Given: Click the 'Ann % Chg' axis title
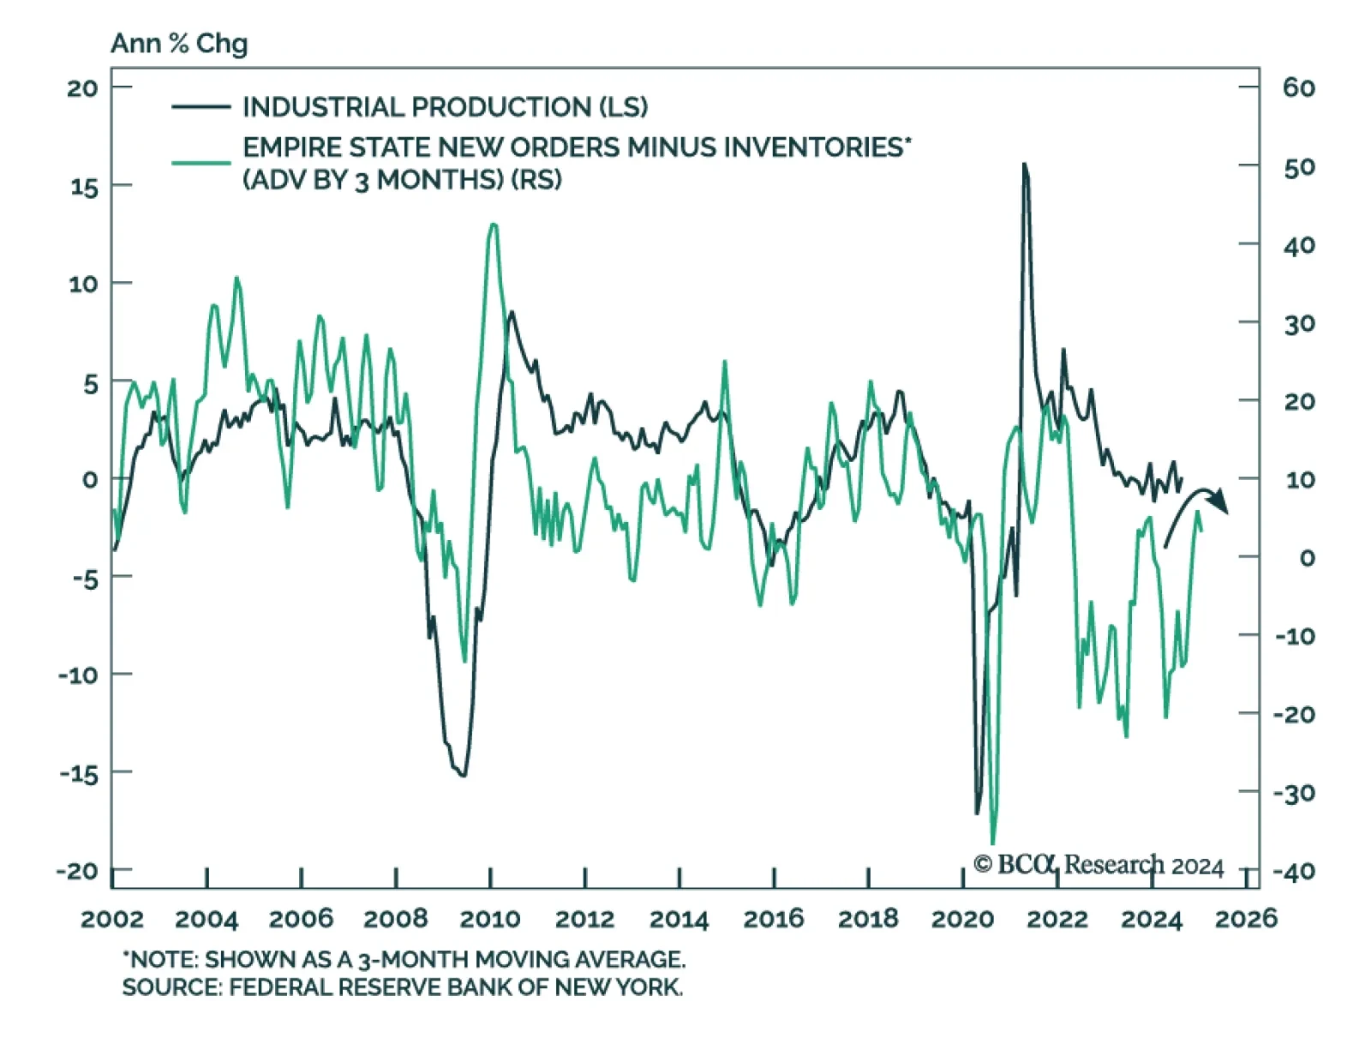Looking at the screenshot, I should [179, 43].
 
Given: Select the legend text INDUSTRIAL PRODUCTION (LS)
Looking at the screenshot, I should [445, 107].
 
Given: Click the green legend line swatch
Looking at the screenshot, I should [201, 162].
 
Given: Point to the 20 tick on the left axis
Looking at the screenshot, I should [83, 87].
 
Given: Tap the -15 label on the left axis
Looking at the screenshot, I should [80, 773].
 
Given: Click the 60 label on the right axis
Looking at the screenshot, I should [1299, 87].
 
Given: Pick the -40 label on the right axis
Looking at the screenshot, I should [1294, 872].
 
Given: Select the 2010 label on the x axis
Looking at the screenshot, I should [490, 919].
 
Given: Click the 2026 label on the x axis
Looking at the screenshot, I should [1246, 919].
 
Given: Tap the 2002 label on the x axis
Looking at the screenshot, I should [112, 919].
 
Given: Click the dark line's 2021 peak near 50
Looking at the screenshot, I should [1024, 164].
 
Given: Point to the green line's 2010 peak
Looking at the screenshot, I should [493, 225].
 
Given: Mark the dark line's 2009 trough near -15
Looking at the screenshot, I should [464, 776].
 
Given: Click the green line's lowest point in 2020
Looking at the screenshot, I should [993, 843].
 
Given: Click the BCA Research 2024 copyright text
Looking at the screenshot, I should [1099, 864].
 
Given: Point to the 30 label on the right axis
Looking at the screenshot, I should [1299, 323].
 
